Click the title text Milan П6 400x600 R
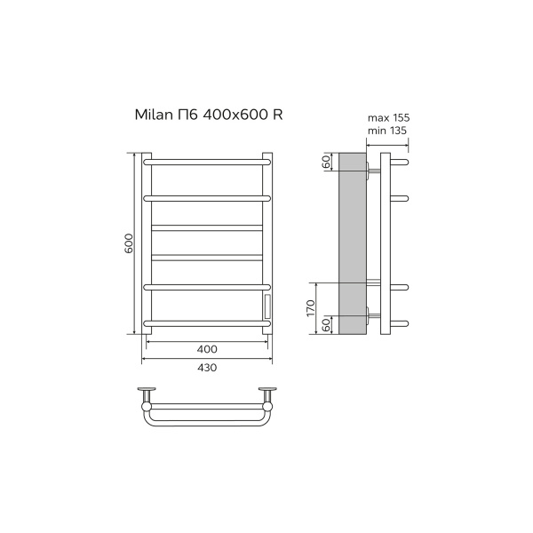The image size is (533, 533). click(209, 115)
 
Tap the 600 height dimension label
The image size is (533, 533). click(129, 243)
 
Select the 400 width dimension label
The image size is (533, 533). click(207, 349)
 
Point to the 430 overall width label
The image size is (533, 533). click(207, 368)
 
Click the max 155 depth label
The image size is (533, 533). click(388, 118)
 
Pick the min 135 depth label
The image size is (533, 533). click(387, 131)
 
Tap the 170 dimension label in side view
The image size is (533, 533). click(311, 308)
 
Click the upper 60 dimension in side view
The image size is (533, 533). click(326, 162)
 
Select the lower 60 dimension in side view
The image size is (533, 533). click(326, 325)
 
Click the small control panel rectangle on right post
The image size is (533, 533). click(267, 306)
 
